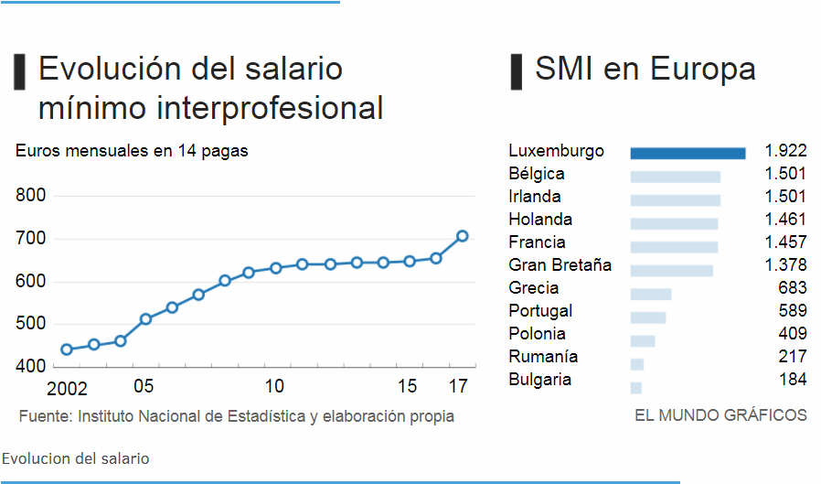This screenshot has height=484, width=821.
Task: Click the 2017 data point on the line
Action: click(x=462, y=236)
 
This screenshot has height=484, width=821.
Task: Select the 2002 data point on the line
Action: click(x=67, y=350)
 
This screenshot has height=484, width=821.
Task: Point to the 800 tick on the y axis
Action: click(x=31, y=195)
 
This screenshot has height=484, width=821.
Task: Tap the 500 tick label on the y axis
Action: click(x=31, y=324)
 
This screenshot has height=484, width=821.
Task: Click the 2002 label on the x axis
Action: click(x=67, y=388)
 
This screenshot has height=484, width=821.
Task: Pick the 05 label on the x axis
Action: click(x=144, y=386)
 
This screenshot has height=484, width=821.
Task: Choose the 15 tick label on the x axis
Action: click(x=409, y=386)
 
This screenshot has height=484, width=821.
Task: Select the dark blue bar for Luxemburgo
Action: click(x=688, y=153)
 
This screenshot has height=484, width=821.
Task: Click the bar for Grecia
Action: click(x=651, y=295)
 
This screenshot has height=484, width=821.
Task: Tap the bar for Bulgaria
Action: click(x=636, y=388)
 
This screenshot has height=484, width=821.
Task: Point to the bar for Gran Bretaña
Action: click(x=671, y=271)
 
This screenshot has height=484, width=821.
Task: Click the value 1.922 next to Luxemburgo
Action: click(x=785, y=151)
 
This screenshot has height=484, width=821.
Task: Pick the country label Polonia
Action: click(x=537, y=334)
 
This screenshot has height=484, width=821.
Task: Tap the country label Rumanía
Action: click(x=542, y=357)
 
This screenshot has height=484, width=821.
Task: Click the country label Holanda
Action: click(x=540, y=220)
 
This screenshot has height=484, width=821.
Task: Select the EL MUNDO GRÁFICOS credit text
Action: click(x=720, y=415)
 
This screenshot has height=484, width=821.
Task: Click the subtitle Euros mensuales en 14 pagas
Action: click(x=132, y=151)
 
